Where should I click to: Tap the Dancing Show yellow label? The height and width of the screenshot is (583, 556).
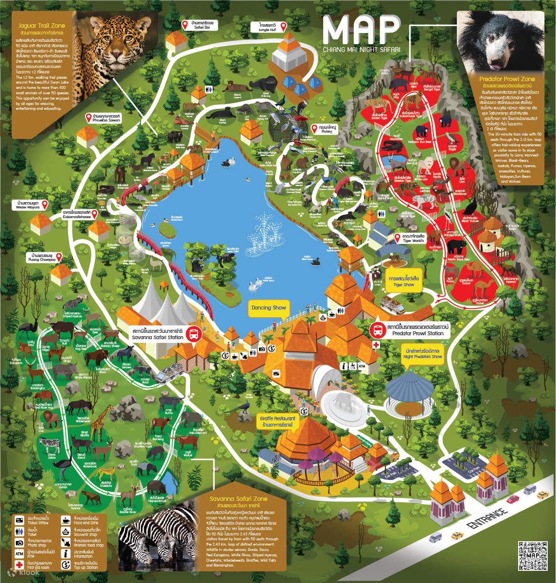(268, 308)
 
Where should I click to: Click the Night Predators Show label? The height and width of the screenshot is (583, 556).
(422, 353)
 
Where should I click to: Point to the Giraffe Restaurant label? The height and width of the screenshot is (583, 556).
(278, 421)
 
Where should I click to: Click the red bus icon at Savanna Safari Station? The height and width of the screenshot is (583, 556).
(193, 334)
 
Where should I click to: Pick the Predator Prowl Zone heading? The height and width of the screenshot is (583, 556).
(507, 79)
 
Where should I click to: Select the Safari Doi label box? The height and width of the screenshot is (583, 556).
(203, 25)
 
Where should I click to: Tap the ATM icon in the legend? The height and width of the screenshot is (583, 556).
(19, 553)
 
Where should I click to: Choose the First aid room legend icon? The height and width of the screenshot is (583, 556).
(19, 565)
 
